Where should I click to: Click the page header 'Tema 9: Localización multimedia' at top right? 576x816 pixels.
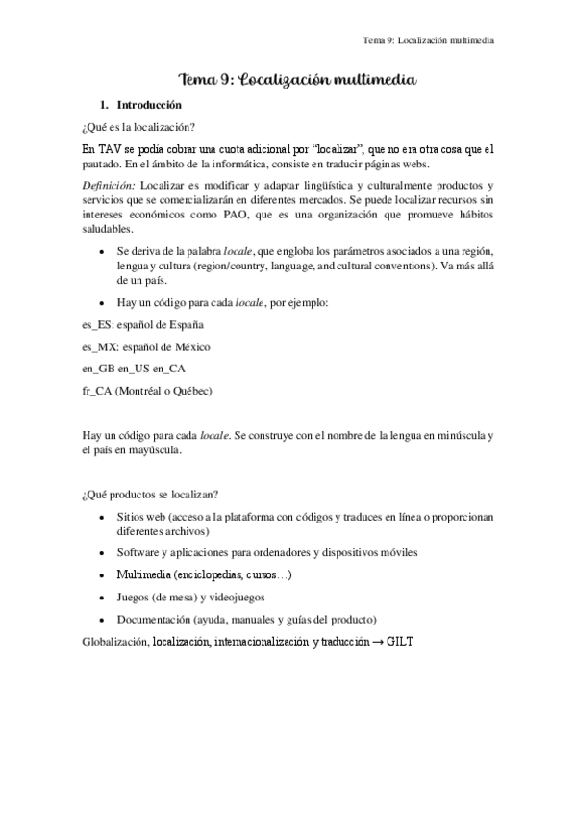point(427,40)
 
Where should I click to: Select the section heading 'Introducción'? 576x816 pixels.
point(148,104)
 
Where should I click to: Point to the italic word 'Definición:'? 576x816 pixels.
point(110,185)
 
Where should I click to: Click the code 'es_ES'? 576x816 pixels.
point(98,325)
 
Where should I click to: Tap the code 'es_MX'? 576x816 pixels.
point(100,346)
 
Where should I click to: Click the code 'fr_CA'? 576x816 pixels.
point(98,391)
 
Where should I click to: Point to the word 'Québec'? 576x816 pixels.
point(190,391)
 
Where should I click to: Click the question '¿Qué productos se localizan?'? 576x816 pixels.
point(149,495)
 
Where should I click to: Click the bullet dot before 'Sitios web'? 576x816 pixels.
point(104,517)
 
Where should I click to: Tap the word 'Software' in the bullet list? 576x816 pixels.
point(138,553)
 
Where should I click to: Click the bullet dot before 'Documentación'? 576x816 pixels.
point(104,619)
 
